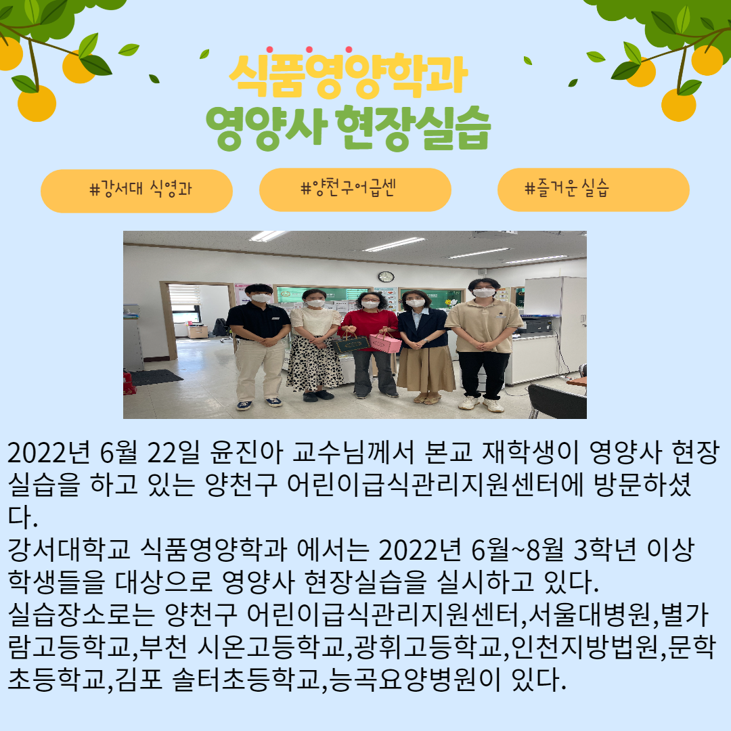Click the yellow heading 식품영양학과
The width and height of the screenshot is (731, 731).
tap(349, 74)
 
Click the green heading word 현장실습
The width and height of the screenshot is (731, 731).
tap(413, 127)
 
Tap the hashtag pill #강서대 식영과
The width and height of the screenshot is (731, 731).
tap(137, 191)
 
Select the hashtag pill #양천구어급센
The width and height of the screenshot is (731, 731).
tap(355, 190)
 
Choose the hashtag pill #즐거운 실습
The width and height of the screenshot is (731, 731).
tap(594, 190)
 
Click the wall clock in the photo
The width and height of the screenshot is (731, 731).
tap(386, 276)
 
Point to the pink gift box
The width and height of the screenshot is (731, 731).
tap(386, 342)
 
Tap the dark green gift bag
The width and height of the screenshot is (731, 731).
tap(350, 344)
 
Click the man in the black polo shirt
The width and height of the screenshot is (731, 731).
tap(259, 346)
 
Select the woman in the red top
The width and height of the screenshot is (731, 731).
tap(369, 344)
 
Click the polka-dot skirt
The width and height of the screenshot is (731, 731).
tap(314, 363)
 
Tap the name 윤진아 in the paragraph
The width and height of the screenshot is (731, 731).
tap(246, 452)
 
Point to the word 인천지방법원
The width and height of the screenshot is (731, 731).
tap(585, 647)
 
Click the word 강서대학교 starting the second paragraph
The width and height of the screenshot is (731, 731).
tap(69, 550)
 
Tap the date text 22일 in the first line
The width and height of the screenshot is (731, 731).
tap(173, 452)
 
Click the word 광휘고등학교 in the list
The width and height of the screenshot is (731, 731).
tap(428, 647)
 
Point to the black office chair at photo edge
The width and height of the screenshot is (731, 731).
tap(556, 401)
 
